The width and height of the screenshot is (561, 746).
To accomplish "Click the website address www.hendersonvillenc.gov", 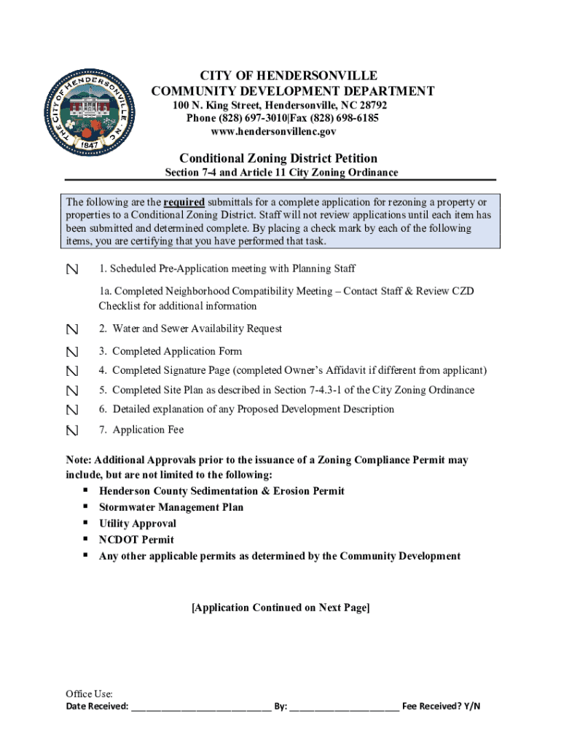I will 273,132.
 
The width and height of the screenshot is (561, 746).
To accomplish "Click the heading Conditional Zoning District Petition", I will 278,158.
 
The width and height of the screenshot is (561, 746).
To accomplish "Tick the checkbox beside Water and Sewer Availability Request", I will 71,330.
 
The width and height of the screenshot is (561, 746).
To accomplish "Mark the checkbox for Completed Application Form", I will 71,352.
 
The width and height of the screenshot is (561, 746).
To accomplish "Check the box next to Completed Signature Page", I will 71,372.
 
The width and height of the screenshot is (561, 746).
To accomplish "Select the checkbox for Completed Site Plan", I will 71,391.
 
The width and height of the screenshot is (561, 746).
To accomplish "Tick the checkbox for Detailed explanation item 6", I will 71,410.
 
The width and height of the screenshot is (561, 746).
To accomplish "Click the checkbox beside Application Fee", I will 71,431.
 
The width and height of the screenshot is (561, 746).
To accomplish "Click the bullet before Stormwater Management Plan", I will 85,506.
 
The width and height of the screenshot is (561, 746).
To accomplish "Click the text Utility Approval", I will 138,523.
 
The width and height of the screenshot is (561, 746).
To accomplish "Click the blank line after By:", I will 344,707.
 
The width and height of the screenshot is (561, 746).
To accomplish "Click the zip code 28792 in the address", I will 372,106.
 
